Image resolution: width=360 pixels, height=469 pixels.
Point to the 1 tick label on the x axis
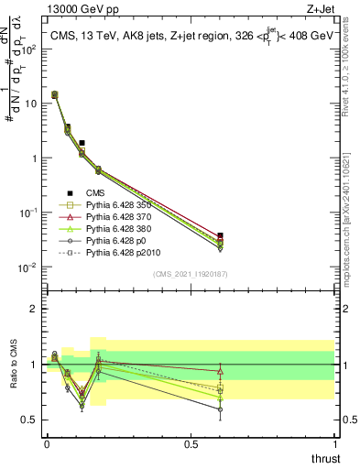click(334, 444)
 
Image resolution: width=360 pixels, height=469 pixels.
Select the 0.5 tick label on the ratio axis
click(27, 420)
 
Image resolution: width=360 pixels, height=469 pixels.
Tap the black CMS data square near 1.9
click(82, 143)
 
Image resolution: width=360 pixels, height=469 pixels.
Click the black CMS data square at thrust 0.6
click(219, 236)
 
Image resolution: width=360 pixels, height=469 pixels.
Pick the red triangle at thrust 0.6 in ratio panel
click(219, 371)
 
